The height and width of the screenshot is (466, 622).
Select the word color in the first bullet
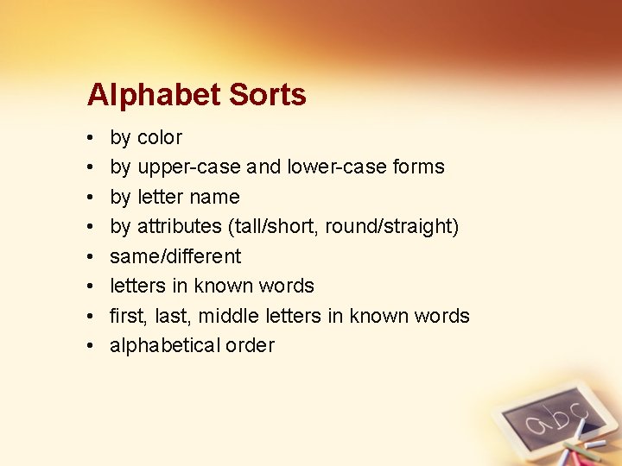pos(160,137)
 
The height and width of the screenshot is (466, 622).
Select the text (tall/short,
pos(271,226)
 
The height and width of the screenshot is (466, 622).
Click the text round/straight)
pos(391,226)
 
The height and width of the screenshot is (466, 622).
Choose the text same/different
pos(175,256)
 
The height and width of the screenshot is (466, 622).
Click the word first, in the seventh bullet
pos(128,316)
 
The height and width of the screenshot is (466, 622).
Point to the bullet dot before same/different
pos(90,256)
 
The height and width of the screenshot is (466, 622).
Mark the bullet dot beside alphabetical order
pos(90,345)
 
